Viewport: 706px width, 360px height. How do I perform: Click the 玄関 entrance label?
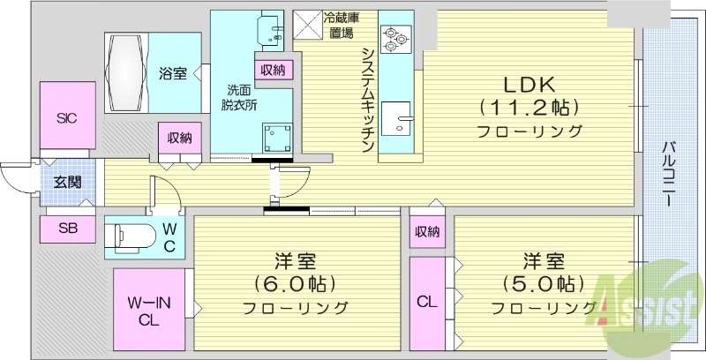(x=66, y=184)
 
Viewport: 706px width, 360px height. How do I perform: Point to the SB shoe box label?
(x=67, y=229)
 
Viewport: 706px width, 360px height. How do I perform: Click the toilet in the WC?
(x=131, y=237)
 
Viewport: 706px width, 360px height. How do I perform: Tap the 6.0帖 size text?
(x=283, y=285)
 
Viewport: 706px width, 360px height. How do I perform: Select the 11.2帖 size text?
(x=529, y=109)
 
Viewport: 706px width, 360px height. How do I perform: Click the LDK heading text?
(x=529, y=85)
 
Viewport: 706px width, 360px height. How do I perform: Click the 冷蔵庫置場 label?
(x=341, y=26)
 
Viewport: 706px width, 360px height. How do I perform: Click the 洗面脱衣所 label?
(x=238, y=97)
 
